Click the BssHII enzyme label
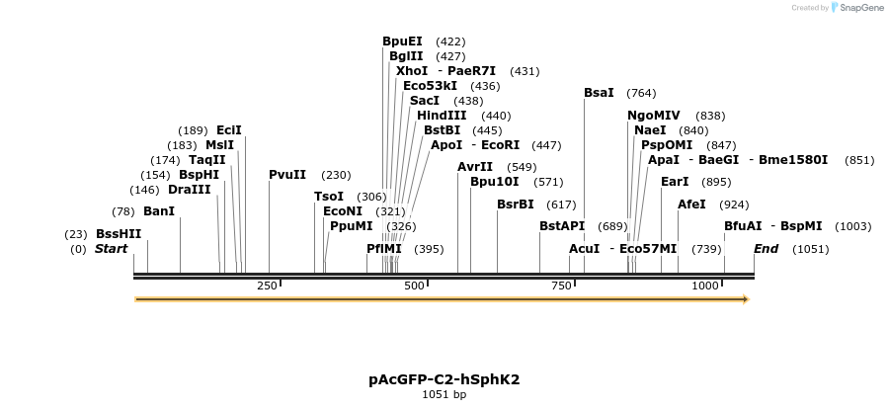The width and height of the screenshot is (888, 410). click(x=119, y=234)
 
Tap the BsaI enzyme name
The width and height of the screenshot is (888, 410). click(x=599, y=93)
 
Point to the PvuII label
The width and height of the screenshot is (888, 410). click(x=289, y=175)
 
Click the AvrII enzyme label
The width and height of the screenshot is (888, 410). click(x=475, y=167)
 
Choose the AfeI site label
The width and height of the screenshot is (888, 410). click(x=691, y=205)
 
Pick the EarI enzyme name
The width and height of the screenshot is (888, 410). click(x=675, y=182)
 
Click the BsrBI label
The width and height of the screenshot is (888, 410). click(x=515, y=205)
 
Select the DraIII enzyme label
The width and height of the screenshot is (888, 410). click(x=190, y=190)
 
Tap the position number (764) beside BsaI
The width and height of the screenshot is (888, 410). click(x=641, y=93)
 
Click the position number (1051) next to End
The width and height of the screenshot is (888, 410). click(x=810, y=249)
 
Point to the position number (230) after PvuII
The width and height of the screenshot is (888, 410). click(x=336, y=175)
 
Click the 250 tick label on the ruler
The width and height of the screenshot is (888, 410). click(x=267, y=286)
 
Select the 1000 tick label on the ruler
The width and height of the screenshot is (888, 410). click(x=705, y=286)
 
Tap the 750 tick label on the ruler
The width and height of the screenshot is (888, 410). click(x=562, y=286)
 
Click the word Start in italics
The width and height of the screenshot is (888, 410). click(x=112, y=249)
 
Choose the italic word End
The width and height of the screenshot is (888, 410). click(x=767, y=249)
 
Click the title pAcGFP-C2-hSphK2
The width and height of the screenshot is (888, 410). click(x=444, y=379)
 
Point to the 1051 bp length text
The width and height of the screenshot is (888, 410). click(x=444, y=395)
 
